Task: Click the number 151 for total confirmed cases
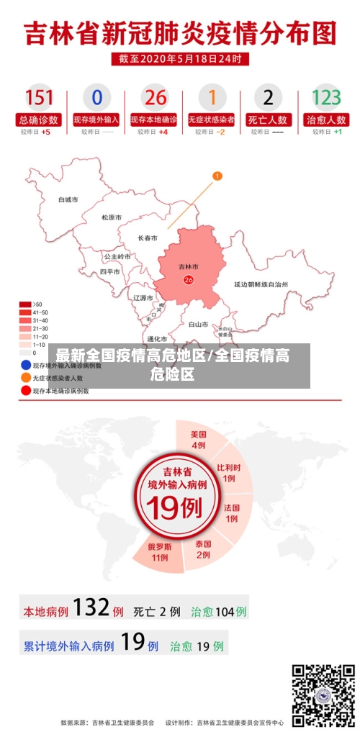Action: pyautogui.click(x=39, y=97)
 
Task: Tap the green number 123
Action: pyautogui.click(x=326, y=97)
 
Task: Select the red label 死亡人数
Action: pyautogui.click(x=268, y=119)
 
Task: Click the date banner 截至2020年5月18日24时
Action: pyautogui.click(x=180, y=58)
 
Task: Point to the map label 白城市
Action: pyautogui.click(x=68, y=199)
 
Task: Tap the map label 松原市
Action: pyautogui.click(x=111, y=217)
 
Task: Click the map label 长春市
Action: pyautogui.click(x=148, y=238)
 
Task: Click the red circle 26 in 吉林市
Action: pyautogui.click(x=189, y=280)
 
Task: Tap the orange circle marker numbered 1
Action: pyautogui.click(x=217, y=176)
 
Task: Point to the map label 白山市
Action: pyautogui.click(x=198, y=325)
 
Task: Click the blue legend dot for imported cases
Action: pyautogui.click(x=25, y=366)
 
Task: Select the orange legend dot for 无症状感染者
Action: pyautogui.click(x=25, y=377)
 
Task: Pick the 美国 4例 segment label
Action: pyautogui.click(x=198, y=439)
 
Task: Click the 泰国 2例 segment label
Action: pyautogui.click(x=203, y=549)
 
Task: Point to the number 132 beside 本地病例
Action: pyautogui.click(x=91, y=609)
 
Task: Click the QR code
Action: pyautogui.click(x=323, y=695)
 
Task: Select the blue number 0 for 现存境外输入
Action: pyautogui.click(x=96, y=97)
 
